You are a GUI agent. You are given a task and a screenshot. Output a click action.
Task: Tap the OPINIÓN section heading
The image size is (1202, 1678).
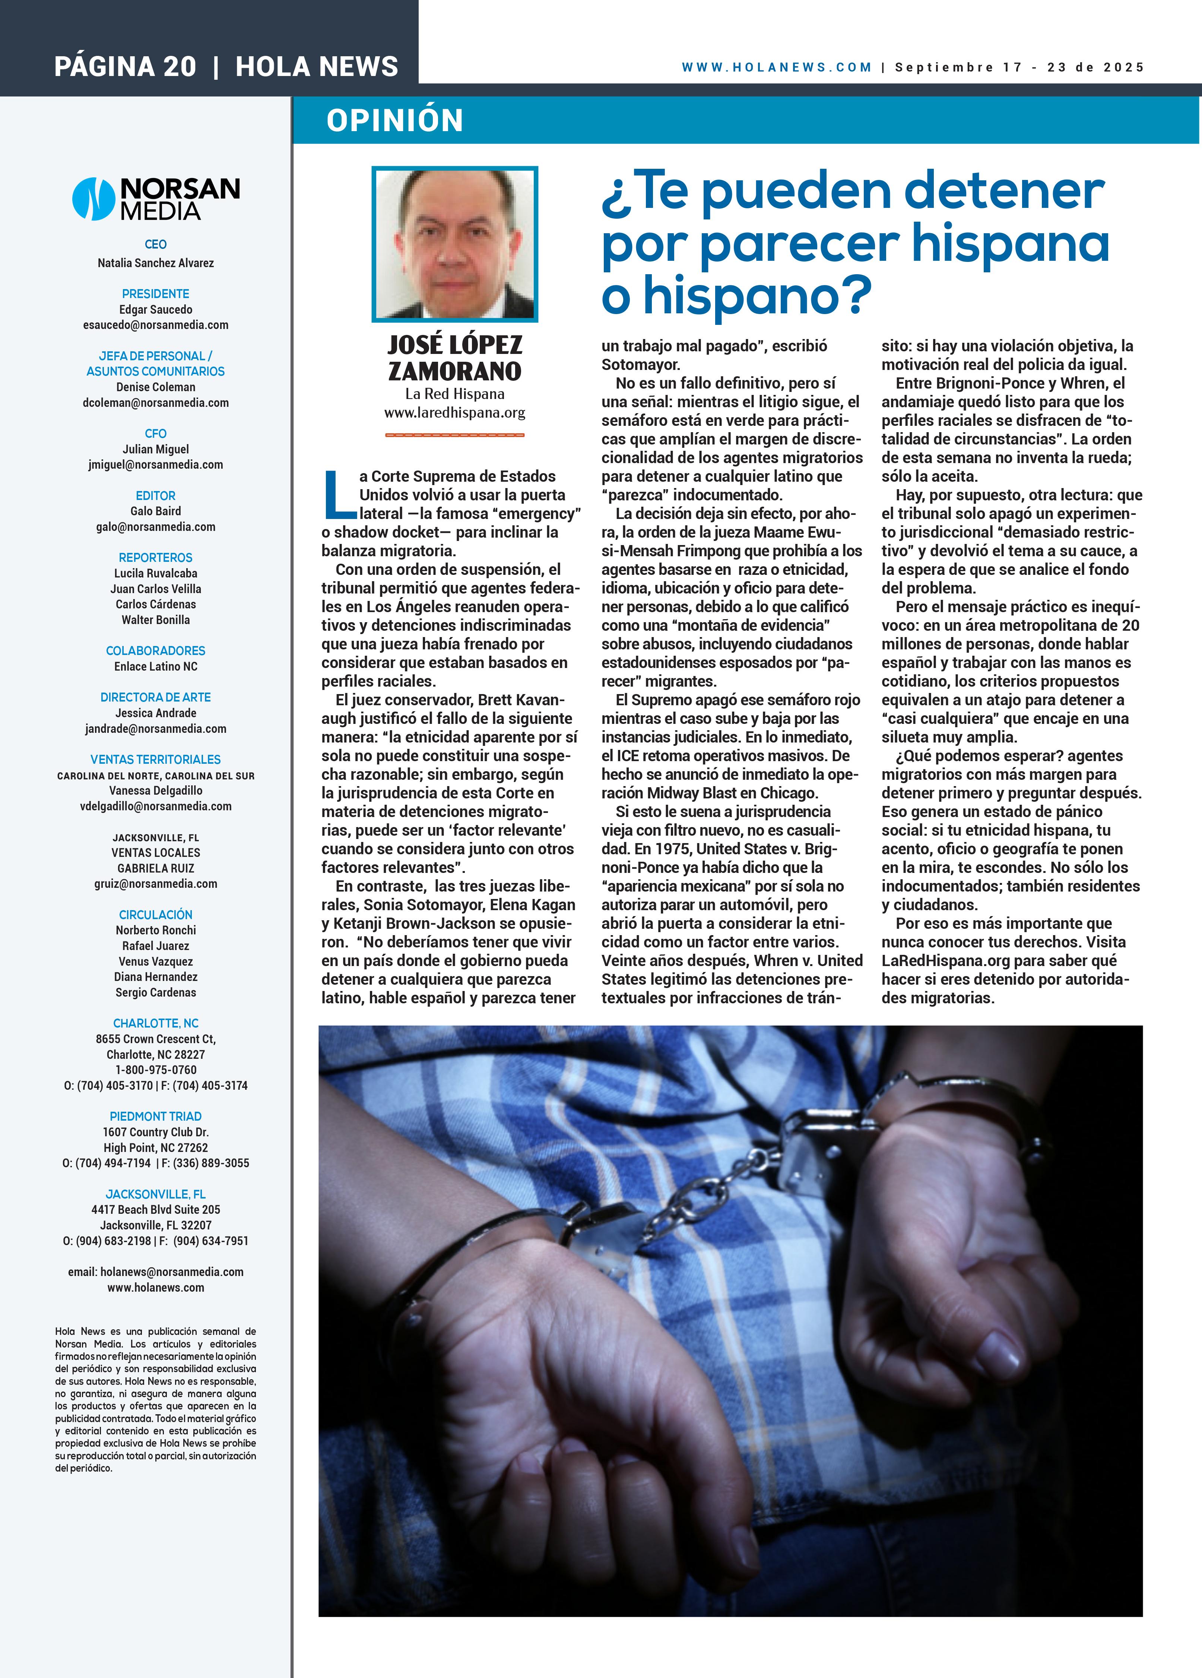coord(394,120)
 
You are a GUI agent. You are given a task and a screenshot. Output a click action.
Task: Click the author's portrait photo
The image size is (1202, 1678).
coord(454,244)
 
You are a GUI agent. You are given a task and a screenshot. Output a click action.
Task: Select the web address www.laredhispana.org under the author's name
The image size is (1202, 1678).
coord(454,413)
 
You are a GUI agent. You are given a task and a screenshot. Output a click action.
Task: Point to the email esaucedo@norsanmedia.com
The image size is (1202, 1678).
coord(155,325)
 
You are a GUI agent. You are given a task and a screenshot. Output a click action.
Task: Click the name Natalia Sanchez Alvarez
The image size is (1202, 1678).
coord(155,263)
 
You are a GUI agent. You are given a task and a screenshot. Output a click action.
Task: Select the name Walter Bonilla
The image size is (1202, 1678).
coord(155,620)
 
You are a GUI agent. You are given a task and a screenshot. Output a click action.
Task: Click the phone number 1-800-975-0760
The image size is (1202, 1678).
coord(155,1070)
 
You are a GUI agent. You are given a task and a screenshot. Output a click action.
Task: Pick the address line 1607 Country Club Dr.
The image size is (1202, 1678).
coord(155,1132)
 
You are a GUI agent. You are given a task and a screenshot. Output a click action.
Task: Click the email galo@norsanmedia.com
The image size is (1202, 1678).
coord(155,527)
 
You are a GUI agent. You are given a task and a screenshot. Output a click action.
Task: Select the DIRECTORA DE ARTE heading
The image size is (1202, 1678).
coord(155,697)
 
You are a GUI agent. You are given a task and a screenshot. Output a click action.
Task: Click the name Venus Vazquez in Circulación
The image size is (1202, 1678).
coord(155,961)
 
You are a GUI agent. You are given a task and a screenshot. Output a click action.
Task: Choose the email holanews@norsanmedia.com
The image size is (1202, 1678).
coord(172,1272)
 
